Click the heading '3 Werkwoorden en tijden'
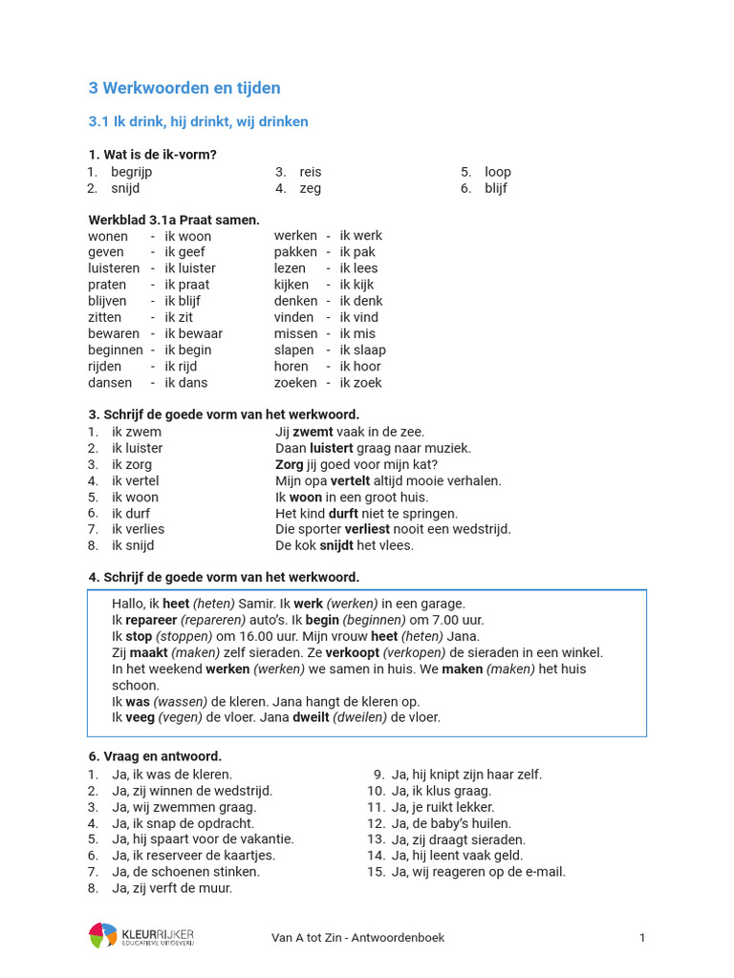[184, 88]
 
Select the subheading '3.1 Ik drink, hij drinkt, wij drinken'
[198, 121]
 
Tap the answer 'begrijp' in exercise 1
[132, 172]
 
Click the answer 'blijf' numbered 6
[496, 188]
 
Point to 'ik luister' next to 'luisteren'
[190, 268]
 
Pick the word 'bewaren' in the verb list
[114, 333]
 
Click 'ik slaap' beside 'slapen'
[363, 350]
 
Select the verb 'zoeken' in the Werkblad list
[295, 382]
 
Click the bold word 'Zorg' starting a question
[289, 464]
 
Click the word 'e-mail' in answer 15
[546, 871]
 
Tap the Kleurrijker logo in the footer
[141, 936]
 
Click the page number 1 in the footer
[642, 937]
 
